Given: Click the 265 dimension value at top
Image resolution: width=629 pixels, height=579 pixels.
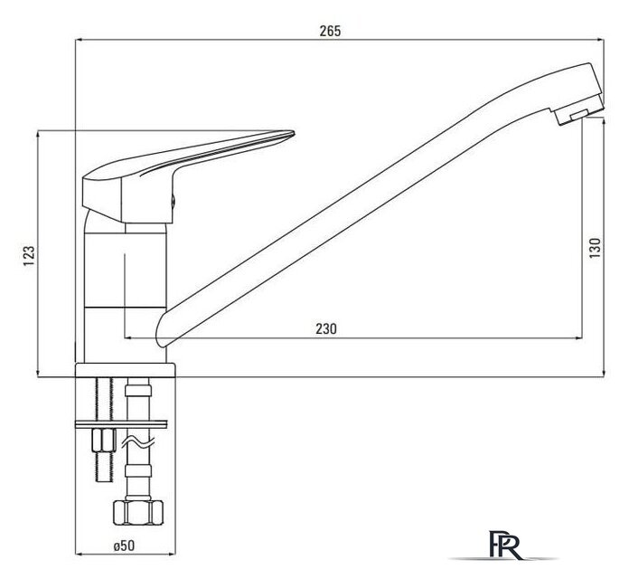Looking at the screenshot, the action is tap(330, 31).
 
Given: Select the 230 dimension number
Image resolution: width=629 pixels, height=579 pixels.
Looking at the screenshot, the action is tap(326, 328).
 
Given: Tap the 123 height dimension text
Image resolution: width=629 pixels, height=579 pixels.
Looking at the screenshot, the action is tap(29, 255).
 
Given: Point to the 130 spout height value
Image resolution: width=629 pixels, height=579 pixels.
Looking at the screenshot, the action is tap(596, 248).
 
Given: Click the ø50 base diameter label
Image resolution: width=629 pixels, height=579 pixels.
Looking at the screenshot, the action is tap(125, 546).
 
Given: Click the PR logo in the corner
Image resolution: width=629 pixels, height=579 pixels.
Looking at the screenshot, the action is tap(504, 546).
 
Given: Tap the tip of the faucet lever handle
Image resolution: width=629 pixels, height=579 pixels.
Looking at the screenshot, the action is tap(293, 132).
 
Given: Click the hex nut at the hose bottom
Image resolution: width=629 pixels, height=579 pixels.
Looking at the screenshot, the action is tap(138, 513).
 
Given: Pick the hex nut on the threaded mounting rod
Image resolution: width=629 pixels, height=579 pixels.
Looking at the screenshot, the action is tap(104, 441).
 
